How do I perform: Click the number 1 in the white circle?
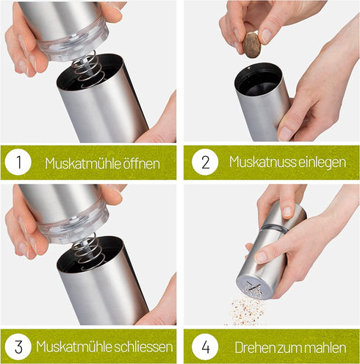tap(18, 163)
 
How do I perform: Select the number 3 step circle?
tap(18, 346)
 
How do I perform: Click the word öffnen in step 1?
tap(140, 163)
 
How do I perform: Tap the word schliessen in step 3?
tap(147, 346)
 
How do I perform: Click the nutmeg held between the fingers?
tap(252, 45)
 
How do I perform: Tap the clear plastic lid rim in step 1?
tap(70, 46)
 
